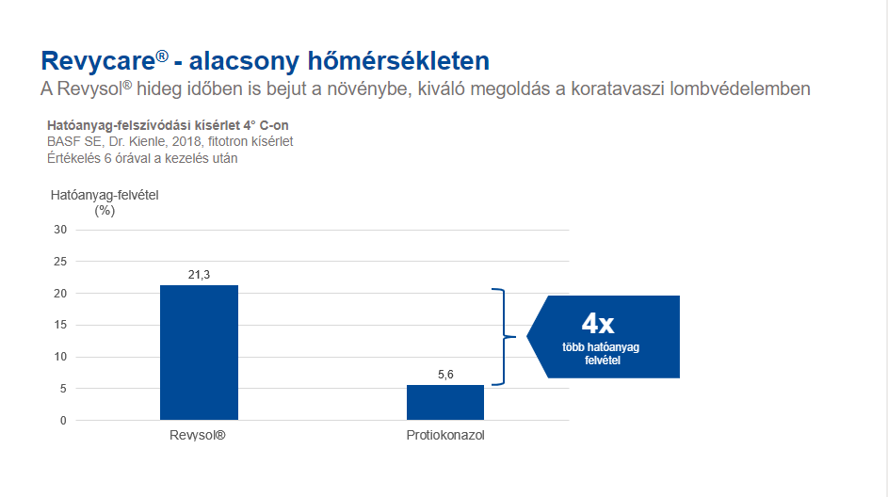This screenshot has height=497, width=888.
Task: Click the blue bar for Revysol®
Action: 199,352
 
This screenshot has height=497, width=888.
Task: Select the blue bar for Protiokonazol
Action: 445,403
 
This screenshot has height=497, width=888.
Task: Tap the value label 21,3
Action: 199,275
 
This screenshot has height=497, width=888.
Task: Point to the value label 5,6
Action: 445,375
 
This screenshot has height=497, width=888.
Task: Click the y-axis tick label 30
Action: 60,230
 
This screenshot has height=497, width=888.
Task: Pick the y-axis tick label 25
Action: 60,262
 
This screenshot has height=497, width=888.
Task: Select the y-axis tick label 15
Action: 60,325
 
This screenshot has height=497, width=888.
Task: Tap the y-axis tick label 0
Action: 63,421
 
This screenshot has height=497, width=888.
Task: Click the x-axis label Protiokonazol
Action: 445,435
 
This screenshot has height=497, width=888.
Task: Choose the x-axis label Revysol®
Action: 198,435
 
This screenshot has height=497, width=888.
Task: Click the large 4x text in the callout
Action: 597,323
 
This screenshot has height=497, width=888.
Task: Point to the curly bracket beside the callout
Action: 504,337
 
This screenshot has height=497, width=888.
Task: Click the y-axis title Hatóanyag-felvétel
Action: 105,195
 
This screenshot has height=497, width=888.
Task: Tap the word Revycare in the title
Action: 98,61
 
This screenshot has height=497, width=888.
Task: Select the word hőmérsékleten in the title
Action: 398,61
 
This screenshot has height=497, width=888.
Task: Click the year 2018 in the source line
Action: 186,141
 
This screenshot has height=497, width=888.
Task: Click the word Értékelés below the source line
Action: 73,158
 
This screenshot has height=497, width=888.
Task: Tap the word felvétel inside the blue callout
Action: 603,360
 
